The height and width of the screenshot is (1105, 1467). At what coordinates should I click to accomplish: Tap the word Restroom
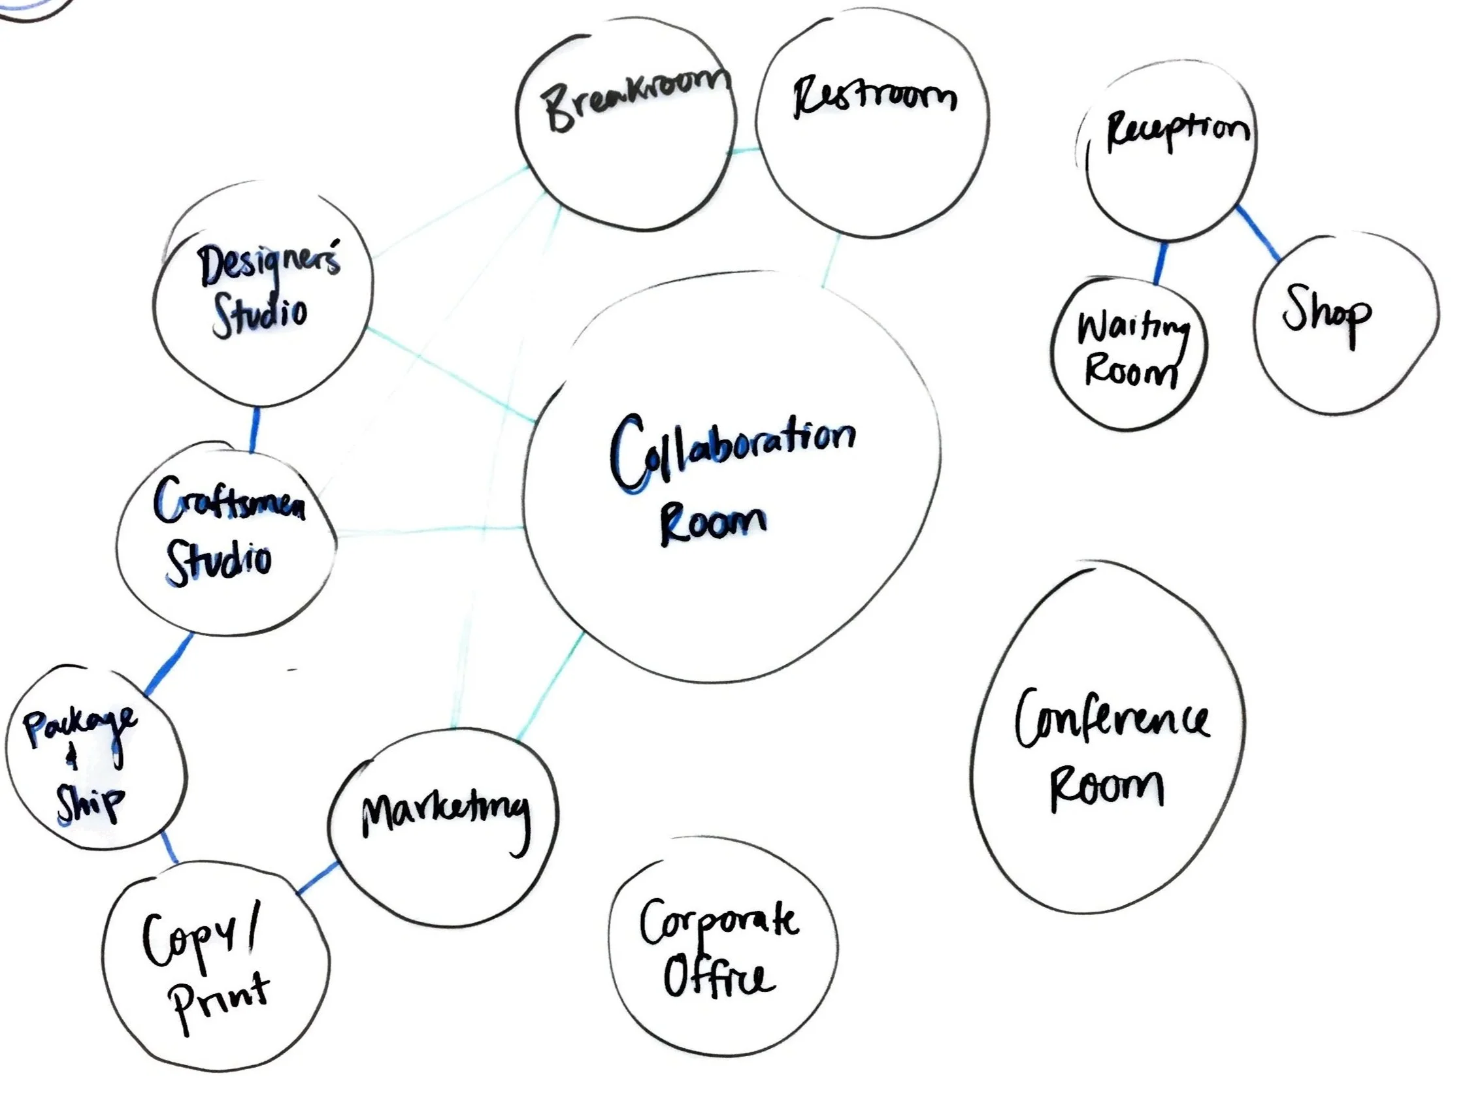pyautogui.click(x=874, y=98)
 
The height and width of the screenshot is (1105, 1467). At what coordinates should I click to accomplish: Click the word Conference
pyautogui.click(x=1112, y=720)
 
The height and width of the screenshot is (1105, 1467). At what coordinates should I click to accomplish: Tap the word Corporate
pyautogui.click(x=719, y=923)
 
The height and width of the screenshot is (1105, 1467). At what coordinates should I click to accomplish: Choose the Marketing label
pyautogui.click(x=446, y=815)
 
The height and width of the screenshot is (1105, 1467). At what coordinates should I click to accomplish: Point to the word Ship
pyautogui.click(x=90, y=803)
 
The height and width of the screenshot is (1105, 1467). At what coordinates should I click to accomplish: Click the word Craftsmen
pyautogui.click(x=229, y=503)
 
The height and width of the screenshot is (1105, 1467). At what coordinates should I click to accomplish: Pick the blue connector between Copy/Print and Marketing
pyautogui.click(x=317, y=878)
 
